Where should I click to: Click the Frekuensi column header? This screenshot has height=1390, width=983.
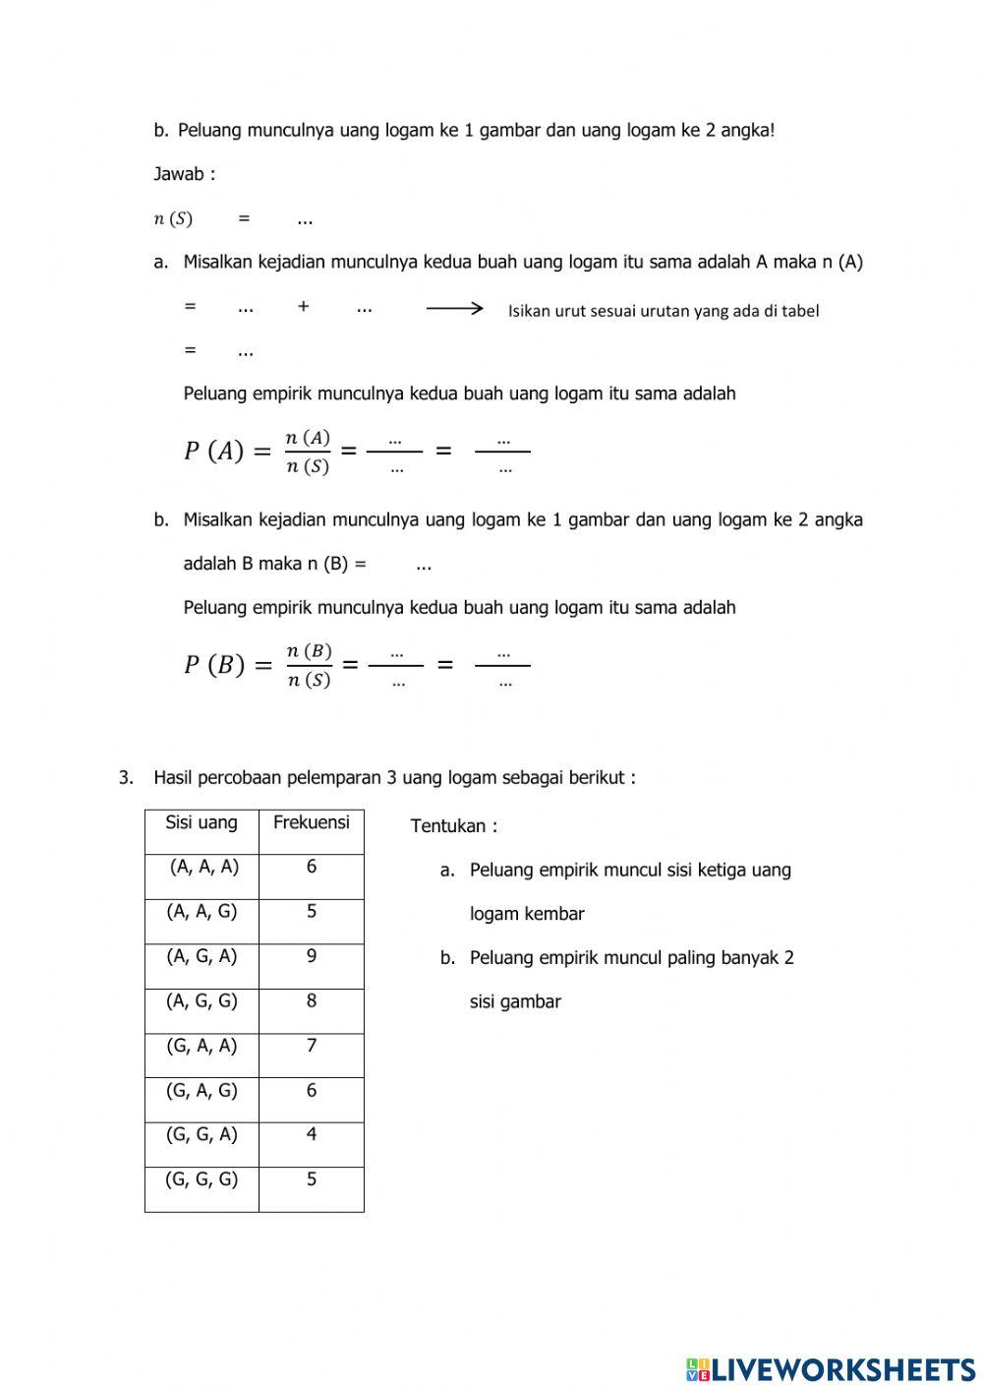click(x=311, y=822)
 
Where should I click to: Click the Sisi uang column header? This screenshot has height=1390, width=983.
click(x=202, y=822)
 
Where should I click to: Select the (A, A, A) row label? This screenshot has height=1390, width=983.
click(x=203, y=867)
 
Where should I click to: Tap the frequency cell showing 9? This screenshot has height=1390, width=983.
click(x=312, y=955)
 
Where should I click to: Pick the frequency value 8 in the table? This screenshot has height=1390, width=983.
click(x=312, y=1000)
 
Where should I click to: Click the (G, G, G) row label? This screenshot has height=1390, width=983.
click(x=202, y=1178)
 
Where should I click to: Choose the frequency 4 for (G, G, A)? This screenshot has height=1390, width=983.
click(x=312, y=1134)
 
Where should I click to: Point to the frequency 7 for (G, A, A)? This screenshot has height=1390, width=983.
click(x=312, y=1045)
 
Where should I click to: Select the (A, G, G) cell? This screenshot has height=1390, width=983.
click(x=202, y=1000)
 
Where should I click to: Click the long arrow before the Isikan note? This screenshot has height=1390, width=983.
click(x=454, y=308)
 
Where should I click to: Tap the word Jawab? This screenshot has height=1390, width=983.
click(x=180, y=174)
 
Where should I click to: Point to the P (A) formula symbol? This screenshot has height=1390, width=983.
click(x=213, y=452)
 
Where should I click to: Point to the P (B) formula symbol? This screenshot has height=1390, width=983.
click(x=214, y=665)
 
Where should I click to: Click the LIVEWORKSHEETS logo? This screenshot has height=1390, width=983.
click(x=831, y=1368)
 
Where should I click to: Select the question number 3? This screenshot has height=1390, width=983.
click(x=125, y=778)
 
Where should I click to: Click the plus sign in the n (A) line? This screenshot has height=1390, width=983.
click(x=303, y=307)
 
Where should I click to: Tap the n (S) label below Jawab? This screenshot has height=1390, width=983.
click(x=173, y=218)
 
